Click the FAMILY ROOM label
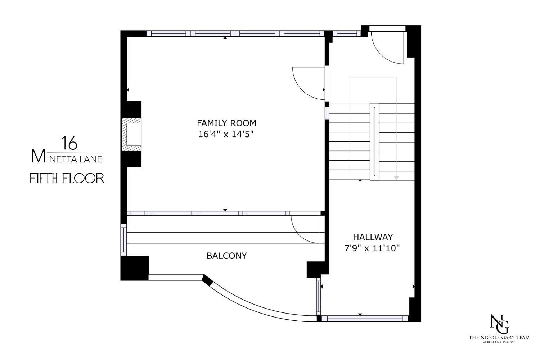click(226, 123)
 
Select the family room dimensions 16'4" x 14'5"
click(226, 135)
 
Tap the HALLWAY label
click(373, 237)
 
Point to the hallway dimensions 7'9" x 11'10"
click(373, 248)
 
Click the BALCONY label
click(226, 256)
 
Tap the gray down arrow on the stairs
click(396, 178)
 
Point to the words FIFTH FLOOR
click(67, 178)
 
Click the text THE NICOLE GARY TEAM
click(499, 338)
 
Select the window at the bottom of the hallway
click(364, 318)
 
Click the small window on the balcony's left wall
click(124, 239)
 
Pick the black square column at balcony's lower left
click(135, 268)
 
